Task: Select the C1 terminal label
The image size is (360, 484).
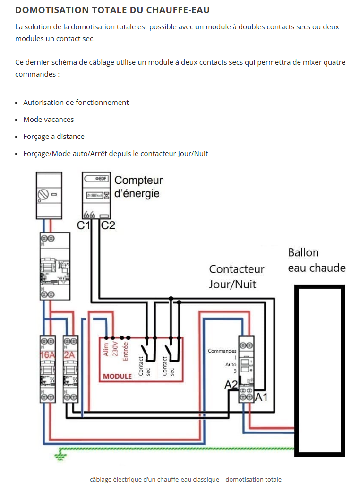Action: [x=84, y=225]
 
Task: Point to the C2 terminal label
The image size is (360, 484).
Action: [x=108, y=225]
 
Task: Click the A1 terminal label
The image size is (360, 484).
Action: [x=261, y=398]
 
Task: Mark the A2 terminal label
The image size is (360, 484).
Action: [x=231, y=385]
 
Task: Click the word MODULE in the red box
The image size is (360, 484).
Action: [x=117, y=377]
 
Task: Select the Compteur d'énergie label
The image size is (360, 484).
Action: [x=138, y=187]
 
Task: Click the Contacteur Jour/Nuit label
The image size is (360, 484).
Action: [x=237, y=277]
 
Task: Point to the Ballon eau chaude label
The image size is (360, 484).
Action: [x=317, y=260]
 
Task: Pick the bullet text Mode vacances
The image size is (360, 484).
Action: [x=49, y=120]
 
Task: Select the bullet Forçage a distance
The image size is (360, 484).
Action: [x=54, y=137]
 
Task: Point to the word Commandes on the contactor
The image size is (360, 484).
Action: [x=222, y=351]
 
